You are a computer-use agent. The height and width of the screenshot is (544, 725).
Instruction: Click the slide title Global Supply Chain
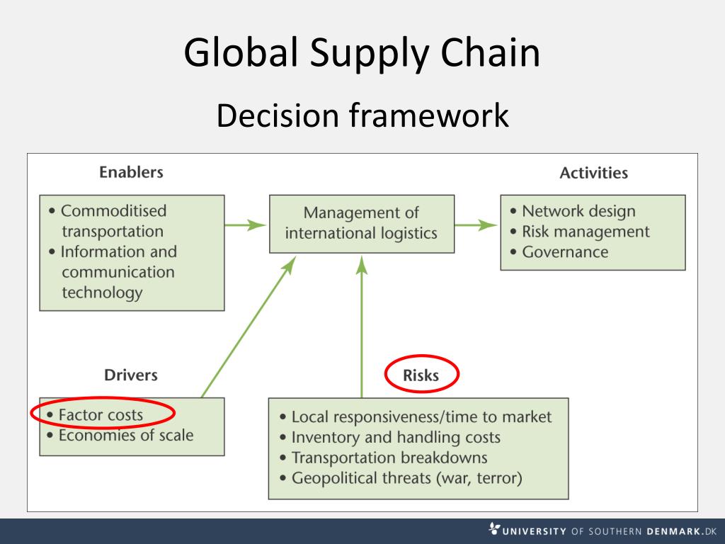click(x=362, y=52)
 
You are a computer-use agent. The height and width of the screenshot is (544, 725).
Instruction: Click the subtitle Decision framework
click(x=362, y=115)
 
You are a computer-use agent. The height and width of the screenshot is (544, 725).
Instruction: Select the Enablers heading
click(x=131, y=172)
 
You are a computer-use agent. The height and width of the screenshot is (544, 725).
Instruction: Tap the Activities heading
click(x=593, y=173)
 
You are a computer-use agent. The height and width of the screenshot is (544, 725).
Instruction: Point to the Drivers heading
click(x=131, y=375)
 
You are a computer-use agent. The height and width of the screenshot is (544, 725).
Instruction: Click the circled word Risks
click(x=421, y=375)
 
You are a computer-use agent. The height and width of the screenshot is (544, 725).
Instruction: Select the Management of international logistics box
click(x=361, y=223)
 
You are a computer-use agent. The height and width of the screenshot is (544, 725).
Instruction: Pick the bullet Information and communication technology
click(x=117, y=272)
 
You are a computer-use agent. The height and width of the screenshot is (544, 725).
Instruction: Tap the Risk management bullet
click(x=585, y=232)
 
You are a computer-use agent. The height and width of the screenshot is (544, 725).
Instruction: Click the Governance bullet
click(x=565, y=252)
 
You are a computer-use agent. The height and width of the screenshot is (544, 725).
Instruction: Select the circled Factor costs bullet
click(x=101, y=415)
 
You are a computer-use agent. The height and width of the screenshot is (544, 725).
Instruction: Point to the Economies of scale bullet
click(x=125, y=436)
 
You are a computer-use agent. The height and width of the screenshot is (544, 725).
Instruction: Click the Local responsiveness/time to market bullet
click(x=421, y=417)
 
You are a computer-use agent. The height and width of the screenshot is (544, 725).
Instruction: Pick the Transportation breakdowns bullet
click(x=389, y=458)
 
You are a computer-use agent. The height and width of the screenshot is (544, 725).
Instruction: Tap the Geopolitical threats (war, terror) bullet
click(x=406, y=478)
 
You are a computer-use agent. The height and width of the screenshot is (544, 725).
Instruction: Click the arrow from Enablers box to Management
click(x=246, y=225)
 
